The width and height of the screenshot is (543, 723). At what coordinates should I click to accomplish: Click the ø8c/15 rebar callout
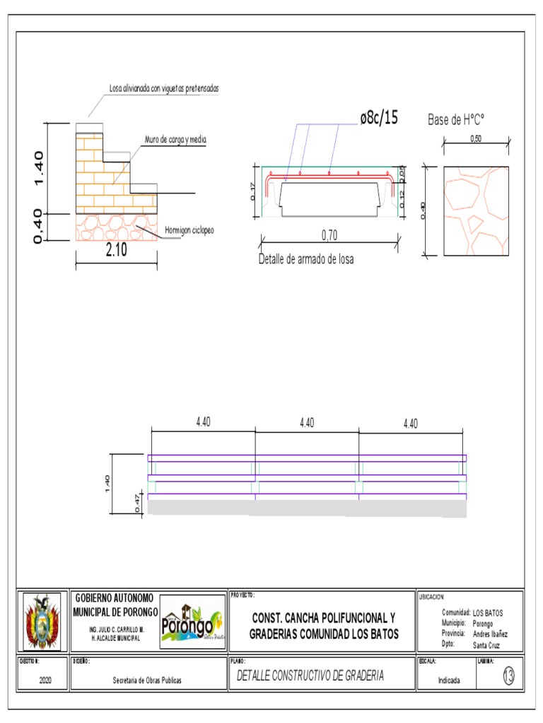379,118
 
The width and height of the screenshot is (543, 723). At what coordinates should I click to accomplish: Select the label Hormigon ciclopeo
189,230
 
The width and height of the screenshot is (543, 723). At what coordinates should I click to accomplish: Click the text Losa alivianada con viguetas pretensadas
164,89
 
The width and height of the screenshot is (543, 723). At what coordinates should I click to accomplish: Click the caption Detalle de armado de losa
305,259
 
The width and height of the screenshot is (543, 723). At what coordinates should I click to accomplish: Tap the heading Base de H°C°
460,119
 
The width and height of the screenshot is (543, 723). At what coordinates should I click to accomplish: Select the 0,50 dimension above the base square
476,138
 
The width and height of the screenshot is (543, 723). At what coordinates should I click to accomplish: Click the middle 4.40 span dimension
307,422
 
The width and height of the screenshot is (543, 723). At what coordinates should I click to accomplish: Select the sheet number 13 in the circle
508,676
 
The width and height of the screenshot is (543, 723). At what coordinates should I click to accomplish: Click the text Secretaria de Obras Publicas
148,681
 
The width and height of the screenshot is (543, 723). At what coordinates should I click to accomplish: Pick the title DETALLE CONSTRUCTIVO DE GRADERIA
310,676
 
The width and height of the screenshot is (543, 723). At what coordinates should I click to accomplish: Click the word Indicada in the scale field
450,681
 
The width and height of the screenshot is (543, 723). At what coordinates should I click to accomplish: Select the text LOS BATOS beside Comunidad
489,613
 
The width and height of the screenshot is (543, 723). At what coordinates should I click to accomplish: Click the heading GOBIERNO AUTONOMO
115,598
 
